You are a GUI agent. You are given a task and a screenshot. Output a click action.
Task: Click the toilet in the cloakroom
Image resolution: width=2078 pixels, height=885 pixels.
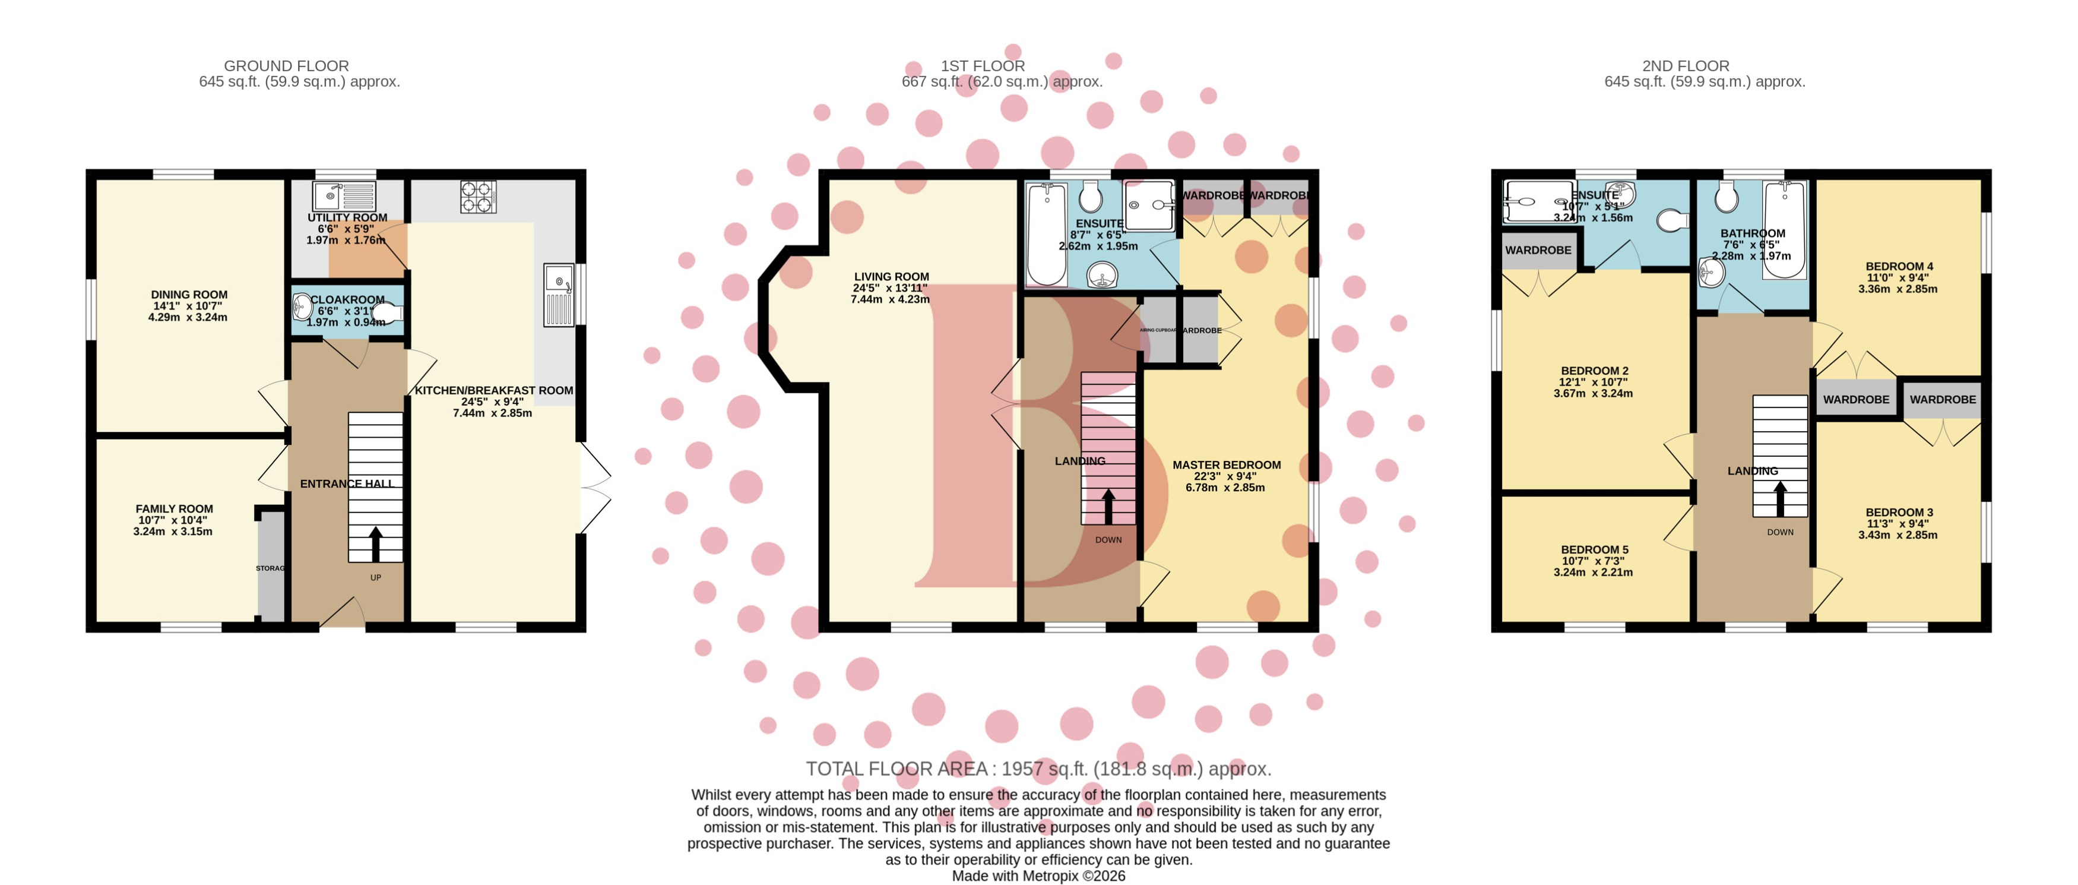point(388,312)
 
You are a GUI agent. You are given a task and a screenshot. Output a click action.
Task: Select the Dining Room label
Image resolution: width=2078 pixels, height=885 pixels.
point(189,295)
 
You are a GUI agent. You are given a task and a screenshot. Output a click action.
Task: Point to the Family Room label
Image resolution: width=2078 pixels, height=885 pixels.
point(174,509)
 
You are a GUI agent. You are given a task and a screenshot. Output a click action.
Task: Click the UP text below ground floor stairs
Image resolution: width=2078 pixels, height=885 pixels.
point(375,578)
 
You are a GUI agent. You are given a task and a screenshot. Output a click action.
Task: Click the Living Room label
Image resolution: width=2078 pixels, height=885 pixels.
point(891,277)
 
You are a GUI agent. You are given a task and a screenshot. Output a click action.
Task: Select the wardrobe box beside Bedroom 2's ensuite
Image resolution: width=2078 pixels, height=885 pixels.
point(1538,251)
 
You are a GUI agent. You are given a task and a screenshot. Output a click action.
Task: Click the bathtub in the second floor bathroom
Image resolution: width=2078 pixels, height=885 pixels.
point(1784,229)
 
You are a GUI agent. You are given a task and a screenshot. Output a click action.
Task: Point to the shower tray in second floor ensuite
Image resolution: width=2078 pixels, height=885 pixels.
point(1537,202)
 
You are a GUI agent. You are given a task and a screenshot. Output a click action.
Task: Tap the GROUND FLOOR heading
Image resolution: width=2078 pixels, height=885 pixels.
point(286,66)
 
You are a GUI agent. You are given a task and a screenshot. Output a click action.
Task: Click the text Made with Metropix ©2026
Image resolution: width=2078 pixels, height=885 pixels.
point(1038,876)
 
